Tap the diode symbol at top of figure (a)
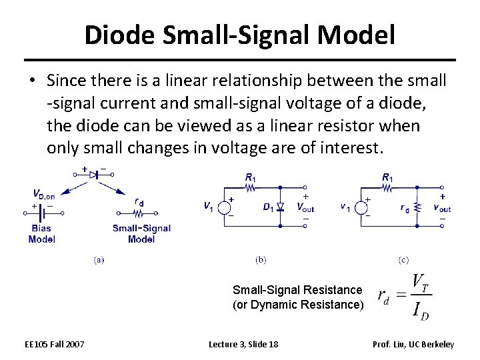(95, 174)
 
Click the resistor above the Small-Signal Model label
(139, 214)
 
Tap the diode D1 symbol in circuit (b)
(280, 207)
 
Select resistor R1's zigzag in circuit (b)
(251, 188)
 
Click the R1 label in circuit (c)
(387, 177)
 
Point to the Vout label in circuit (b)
(305, 207)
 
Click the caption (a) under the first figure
(99, 259)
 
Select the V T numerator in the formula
(421, 283)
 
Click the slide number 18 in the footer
(272, 344)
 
